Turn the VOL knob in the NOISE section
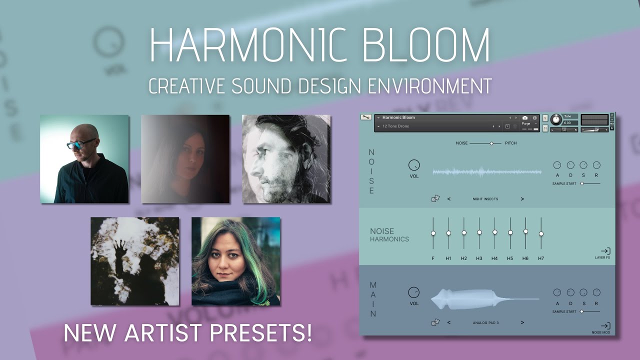pyautogui.click(x=414, y=165)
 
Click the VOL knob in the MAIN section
pyautogui.click(x=414, y=292)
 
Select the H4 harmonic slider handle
pyautogui.click(x=495, y=232)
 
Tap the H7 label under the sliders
pyautogui.click(x=541, y=258)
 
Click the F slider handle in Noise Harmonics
pyautogui.click(x=433, y=233)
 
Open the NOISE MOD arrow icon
pyautogui.click(x=605, y=326)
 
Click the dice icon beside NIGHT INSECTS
pyautogui.click(x=435, y=199)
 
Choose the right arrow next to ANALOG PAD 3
pyautogui.click(x=522, y=322)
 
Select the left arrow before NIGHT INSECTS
pyautogui.click(x=449, y=199)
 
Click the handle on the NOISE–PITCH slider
pyautogui.click(x=491, y=143)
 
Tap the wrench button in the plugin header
pyautogui.click(x=366, y=117)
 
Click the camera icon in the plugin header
pyautogui.click(x=525, y=118)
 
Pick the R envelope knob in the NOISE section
pyautogui.click(x=596, y=165)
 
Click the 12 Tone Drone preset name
pyautogui.click(x=395, y=126)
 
